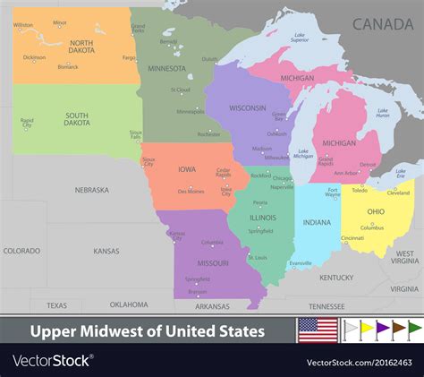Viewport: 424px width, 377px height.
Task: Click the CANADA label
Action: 383,24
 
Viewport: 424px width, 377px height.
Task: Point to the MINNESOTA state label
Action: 166,68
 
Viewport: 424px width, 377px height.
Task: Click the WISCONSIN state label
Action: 247,107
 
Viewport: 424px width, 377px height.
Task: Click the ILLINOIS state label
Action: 263,217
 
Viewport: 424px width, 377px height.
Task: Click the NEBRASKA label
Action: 91,190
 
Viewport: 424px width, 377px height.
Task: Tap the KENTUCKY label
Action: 337,278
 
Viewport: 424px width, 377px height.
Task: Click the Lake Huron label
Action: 382,114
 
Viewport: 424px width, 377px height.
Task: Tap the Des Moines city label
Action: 191,192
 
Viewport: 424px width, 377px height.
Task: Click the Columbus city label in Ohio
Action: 372,227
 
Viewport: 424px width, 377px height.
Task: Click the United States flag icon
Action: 317,330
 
